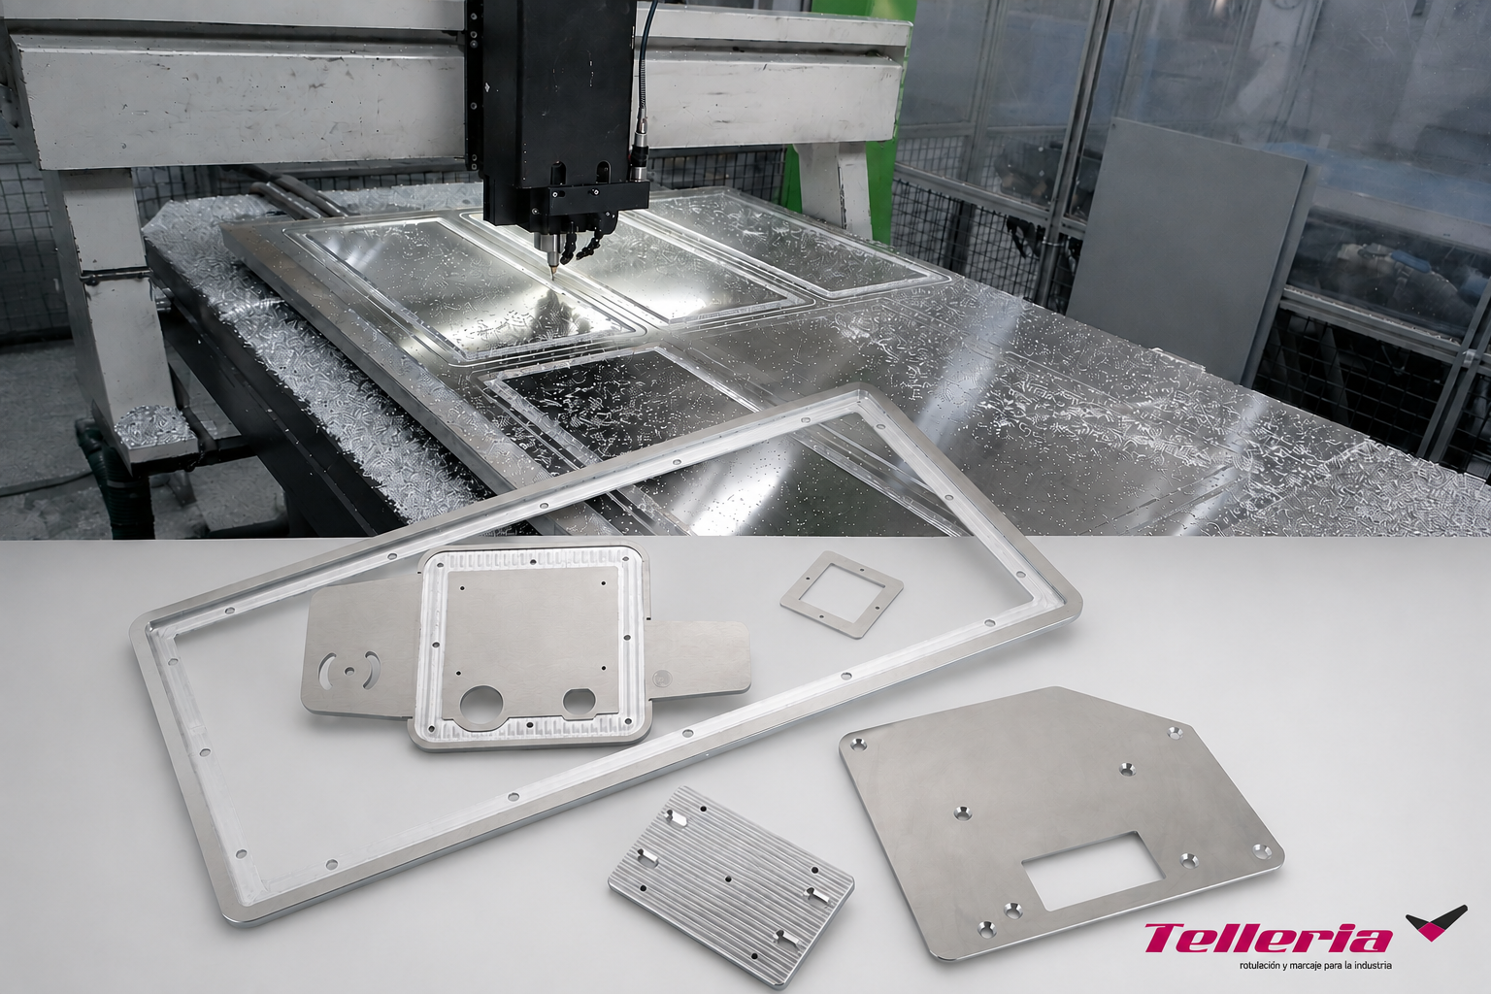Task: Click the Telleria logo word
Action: (1268, 939)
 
